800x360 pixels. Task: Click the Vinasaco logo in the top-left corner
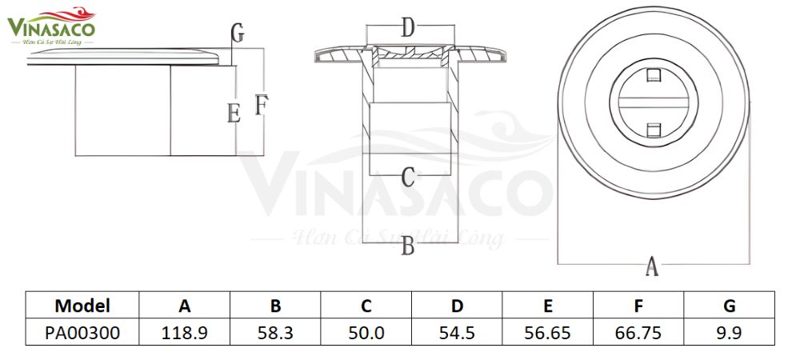pyautogui.click(x=51, y=26)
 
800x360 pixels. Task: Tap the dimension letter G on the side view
pyautogui.click(x=237, y=34)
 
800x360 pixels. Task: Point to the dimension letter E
pyautogui.click(x=234, y=113)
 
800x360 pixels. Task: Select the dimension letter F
pyautogui.click(x=261, y=105)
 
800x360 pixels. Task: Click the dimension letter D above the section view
pyautogui.click(x=408, y=30)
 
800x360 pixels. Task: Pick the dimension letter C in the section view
pyautogui.click(x=408, y=177)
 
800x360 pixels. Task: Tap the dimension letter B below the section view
pyautogui.click(x=408, y=247)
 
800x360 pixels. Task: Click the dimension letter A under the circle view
pyautogui.click(x=652, y=266)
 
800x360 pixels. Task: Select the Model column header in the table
pyautogui.click(x=82, y=306)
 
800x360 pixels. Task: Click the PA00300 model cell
pyautogui.click(x=82, y=332)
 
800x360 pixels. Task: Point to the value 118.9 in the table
pyautogui.click(x=185, y=332)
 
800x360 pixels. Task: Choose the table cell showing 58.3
pyautogui.click(x=275, y=332)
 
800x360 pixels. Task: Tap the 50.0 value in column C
pyautogui.click(x=366, y=332)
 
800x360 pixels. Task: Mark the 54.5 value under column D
pyautogui.click(x=457, y=332)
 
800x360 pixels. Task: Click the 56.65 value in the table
pyautogui.click(x=547, y=332)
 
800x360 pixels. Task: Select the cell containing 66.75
pyautogui.click(x=638, y=332)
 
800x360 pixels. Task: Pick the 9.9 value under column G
pyautogui.click(x=729, y=332)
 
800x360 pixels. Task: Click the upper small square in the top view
pyautogui.click(x=653, y=76)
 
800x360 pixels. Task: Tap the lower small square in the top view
pyautogui.click(x=653, y=129)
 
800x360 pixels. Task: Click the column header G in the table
pyautogui.click(x=729, y=306)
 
